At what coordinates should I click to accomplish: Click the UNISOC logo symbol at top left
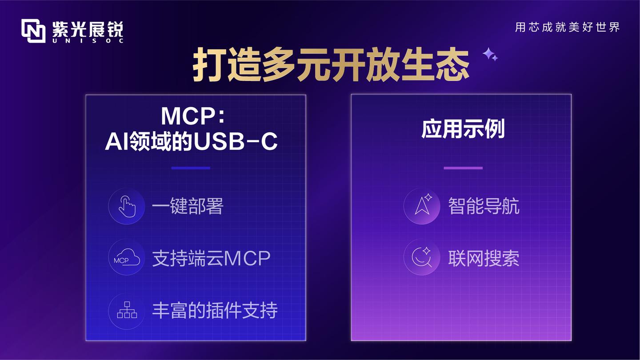33,31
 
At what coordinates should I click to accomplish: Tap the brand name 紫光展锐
88,28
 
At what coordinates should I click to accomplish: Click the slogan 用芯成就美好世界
567,27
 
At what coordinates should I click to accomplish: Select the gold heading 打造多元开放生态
331,66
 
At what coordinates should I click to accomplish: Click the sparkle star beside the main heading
490,54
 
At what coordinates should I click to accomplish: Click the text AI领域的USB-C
191,142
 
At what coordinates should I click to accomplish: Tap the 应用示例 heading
463,130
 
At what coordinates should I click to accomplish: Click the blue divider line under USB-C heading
191,168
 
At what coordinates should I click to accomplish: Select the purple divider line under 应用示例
463,168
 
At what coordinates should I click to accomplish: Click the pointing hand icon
127,206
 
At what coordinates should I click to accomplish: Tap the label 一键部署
187,207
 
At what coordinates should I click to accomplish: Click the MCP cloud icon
127,258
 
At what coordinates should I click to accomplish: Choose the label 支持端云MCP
211,258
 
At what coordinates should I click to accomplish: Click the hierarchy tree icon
127,310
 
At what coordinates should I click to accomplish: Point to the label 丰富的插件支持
215,310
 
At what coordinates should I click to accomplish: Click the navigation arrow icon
422,206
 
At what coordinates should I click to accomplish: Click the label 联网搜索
484,258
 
